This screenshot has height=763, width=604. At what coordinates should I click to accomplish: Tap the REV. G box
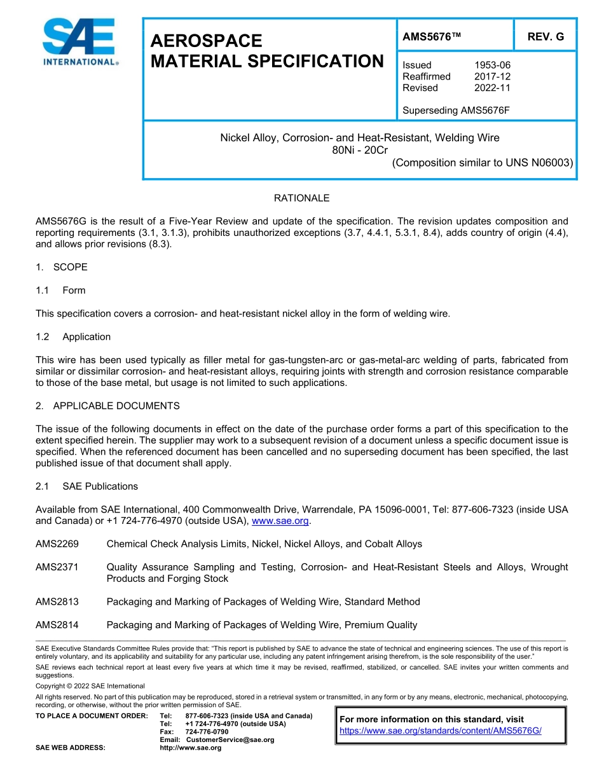pyautogui.click(x=546, y=37)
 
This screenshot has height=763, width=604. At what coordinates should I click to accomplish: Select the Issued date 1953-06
pyautogui.click(x=492, y=65)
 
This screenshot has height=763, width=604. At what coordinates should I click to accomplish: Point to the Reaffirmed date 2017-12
pyautogui.click(x=492, y=76)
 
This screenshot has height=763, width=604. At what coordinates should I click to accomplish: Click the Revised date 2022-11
pyautogui.click(x=492, y=88)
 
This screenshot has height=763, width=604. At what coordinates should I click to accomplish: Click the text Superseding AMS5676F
pyautogui.click(x=456, y=110)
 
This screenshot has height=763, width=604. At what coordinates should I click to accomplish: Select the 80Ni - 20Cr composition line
pyautogui.click(x=360, y=150)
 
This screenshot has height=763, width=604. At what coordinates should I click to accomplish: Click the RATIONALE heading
pyautogui.click(x=301, y=198)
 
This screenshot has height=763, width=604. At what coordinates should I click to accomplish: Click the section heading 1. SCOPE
pyautogui.click(x=62, y=267)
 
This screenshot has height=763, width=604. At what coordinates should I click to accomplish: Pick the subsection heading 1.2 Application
pyautogui.click(x=74, y=337)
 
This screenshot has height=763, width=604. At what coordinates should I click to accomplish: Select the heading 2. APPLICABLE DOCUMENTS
pyautogui.click(x=107, y=406)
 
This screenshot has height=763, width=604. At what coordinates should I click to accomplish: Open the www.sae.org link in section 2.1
pyautogui.click(x=280, y=521)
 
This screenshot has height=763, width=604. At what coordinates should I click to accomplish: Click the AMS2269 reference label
pyautogui.click(x=57, y=544)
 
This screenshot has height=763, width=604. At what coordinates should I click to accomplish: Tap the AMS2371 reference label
pyautogui.click(x=57, y=567)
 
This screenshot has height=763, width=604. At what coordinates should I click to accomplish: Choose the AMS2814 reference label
pyautogui.click(x=57, y=625)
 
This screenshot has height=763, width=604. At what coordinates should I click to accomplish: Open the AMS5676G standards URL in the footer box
pyautogui.click(x=441, y=731)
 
